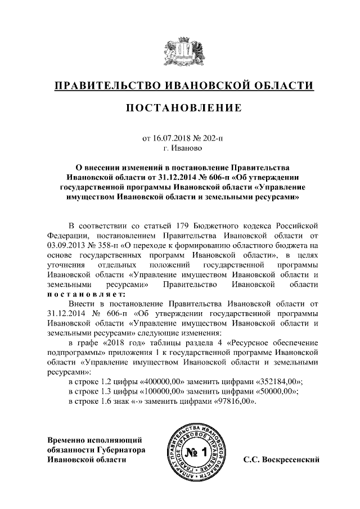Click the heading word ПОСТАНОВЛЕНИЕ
coord(180,107)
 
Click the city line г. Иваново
coord(180,148)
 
